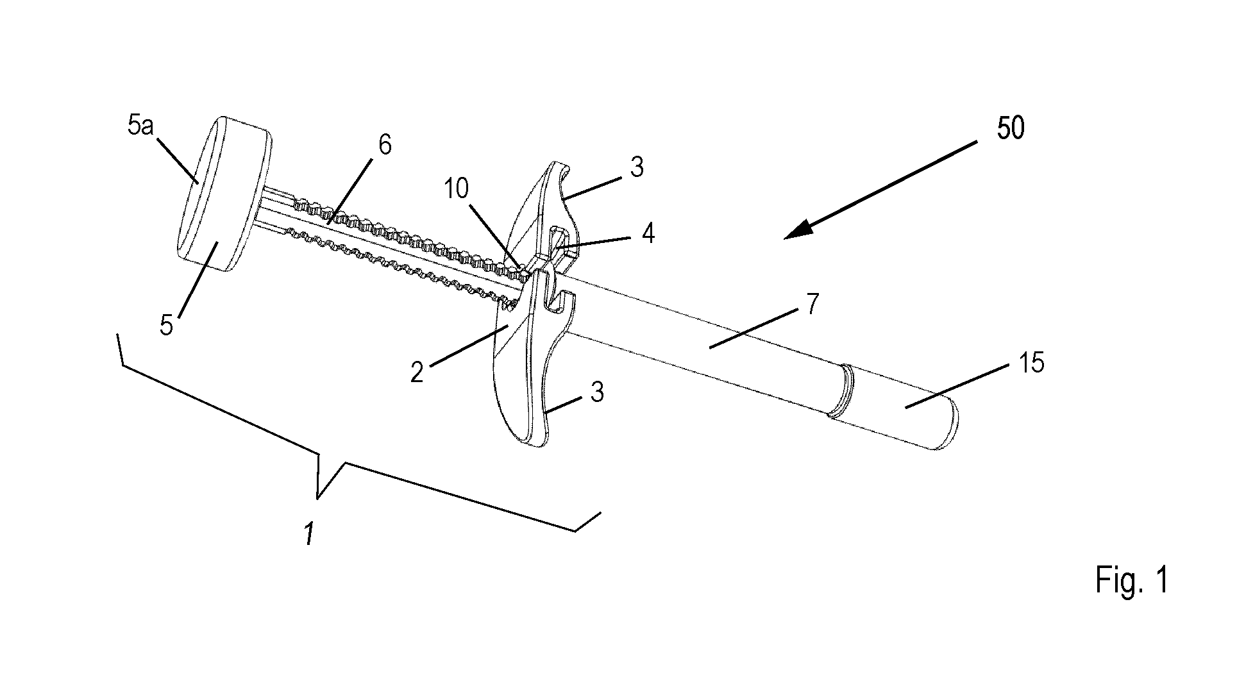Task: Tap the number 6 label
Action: tap(384, 145)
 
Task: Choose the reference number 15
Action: tap(1031, 363)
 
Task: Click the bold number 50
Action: tap(1011, 128)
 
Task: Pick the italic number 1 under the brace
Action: tap(308, 533)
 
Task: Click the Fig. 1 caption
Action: tap(1132, 580)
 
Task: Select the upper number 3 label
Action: tap(637, 167)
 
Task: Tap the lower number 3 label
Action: tap(598, 392)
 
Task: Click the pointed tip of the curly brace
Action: tap(317, 497)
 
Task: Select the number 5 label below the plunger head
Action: tap(166, 326)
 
